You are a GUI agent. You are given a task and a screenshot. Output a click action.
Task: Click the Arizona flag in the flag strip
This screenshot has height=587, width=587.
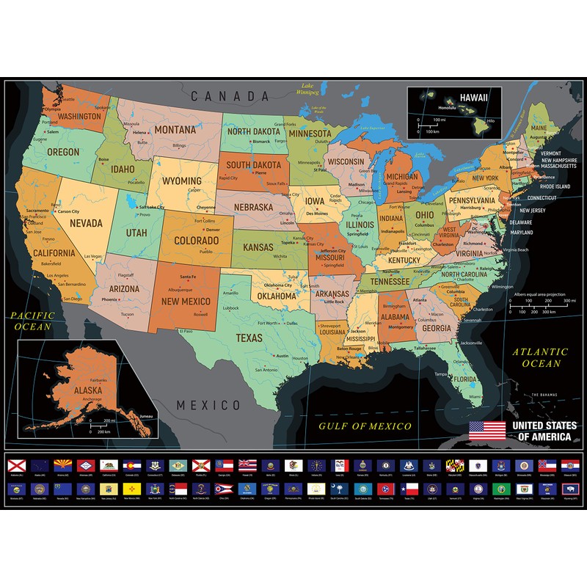point(63,465)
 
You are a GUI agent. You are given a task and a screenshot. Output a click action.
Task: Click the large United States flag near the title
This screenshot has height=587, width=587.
point(486,431)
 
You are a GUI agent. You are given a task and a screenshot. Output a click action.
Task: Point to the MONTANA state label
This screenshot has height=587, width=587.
point(175,130)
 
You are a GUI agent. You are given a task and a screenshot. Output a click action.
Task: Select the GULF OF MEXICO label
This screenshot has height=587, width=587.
point(365,425)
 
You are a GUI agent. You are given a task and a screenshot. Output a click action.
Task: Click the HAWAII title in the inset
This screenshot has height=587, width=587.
point(474,96)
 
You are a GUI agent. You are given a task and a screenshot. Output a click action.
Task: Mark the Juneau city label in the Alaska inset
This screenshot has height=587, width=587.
point(145,415)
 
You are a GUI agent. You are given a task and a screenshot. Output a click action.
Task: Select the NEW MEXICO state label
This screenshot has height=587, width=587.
point(186,301)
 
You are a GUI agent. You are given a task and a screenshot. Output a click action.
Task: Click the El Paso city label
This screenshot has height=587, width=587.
point(186,332)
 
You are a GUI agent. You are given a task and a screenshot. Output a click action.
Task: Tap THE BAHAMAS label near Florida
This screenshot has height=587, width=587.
point(544,395)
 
